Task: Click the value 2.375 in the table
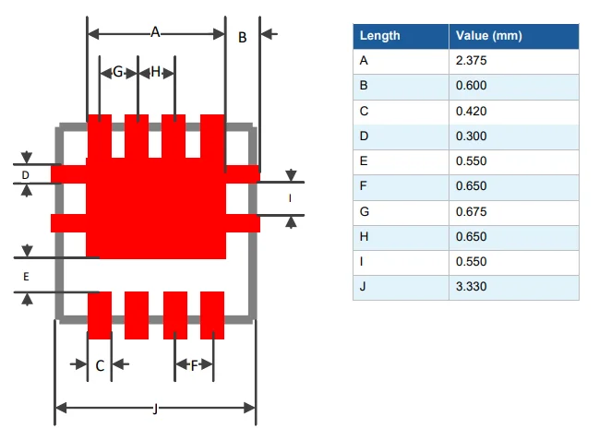471,61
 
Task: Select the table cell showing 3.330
471,287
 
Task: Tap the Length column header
379,36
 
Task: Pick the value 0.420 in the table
471,112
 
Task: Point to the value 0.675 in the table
471,212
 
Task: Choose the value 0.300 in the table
471,137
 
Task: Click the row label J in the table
363,287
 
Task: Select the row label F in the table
363,187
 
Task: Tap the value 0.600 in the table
471,86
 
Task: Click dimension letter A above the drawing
155,32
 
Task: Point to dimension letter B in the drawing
243,38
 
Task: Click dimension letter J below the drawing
154,409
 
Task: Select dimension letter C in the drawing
100,366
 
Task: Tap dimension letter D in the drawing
26,174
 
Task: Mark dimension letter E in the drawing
26,277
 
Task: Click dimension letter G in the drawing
118,72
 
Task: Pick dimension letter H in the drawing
155,72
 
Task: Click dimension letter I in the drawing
291,198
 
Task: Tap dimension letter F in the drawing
195,365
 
